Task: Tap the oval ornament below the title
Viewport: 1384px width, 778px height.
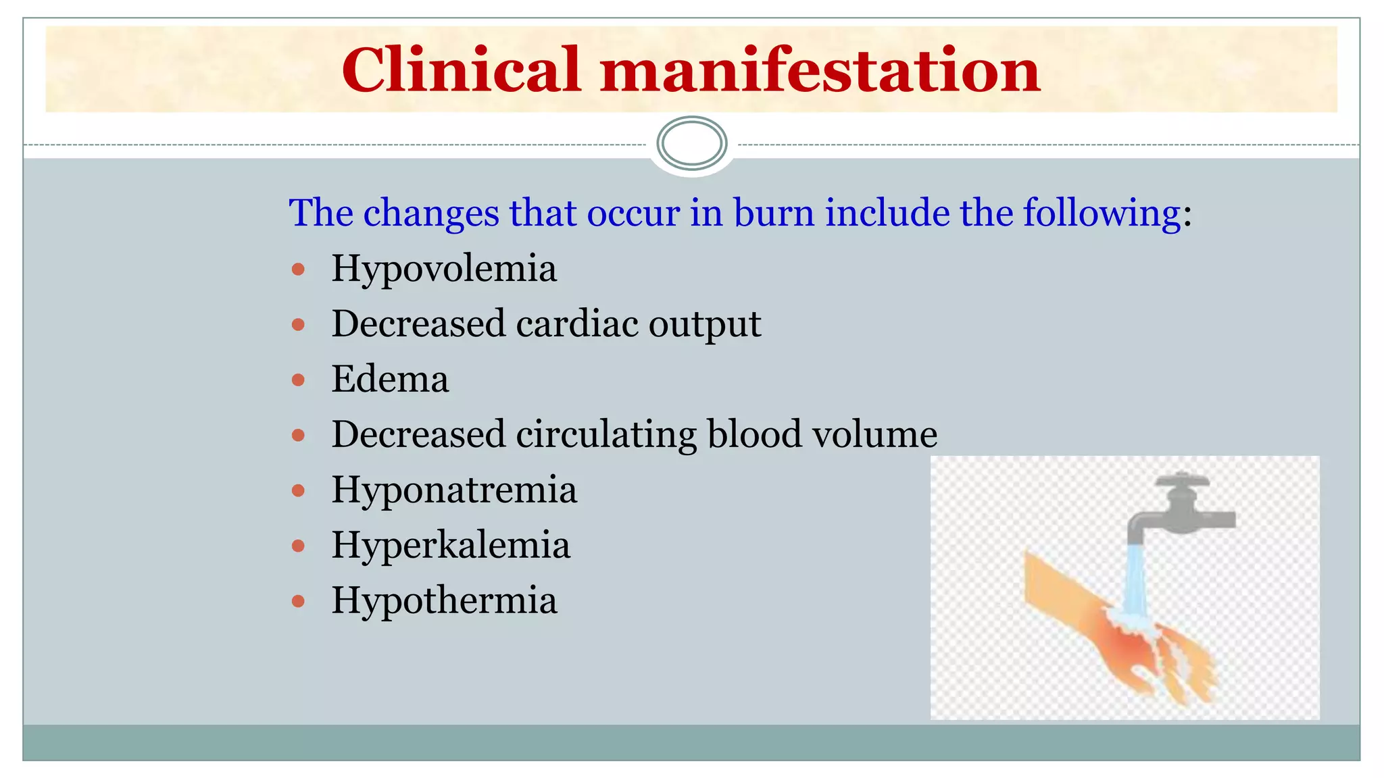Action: (x=691, y=143)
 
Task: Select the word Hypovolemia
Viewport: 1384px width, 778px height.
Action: (x=444, y=269)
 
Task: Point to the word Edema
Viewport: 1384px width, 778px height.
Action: (x=390, y=379)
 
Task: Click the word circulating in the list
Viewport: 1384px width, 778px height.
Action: (x=606, y=434)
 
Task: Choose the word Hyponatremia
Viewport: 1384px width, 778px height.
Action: (x=454, y=490)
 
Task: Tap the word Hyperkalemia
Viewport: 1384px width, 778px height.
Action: (x=451, y=545)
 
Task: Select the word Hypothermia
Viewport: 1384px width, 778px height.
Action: (x=444, y=600)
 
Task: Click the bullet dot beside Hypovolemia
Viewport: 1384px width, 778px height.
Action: (x=298, y=270)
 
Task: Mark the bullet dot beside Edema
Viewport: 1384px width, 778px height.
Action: (x=298, y=380)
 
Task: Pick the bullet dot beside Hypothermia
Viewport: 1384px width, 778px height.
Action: (x=298, y=601)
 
